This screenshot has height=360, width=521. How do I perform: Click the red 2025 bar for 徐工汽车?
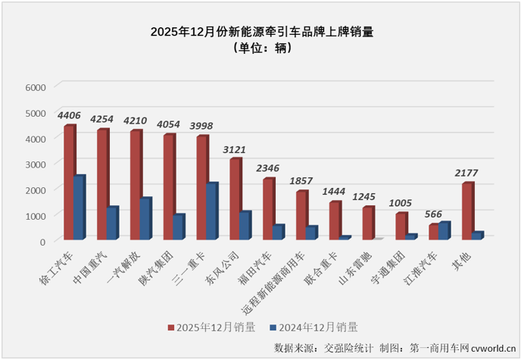click(69, 183)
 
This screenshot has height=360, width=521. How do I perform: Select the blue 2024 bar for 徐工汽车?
click(79, 208)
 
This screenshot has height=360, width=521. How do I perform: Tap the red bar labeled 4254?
click(102, 185)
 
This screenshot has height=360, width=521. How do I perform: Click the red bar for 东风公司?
click(235, 199)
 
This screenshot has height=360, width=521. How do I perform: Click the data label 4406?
click(69, 115)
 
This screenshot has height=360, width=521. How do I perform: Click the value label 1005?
click(401, 203)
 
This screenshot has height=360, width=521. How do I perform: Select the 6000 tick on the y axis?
click(36, 87)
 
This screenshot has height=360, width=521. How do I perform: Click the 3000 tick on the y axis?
click(36, 164)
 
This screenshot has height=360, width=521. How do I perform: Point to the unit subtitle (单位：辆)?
click(260, 48)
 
